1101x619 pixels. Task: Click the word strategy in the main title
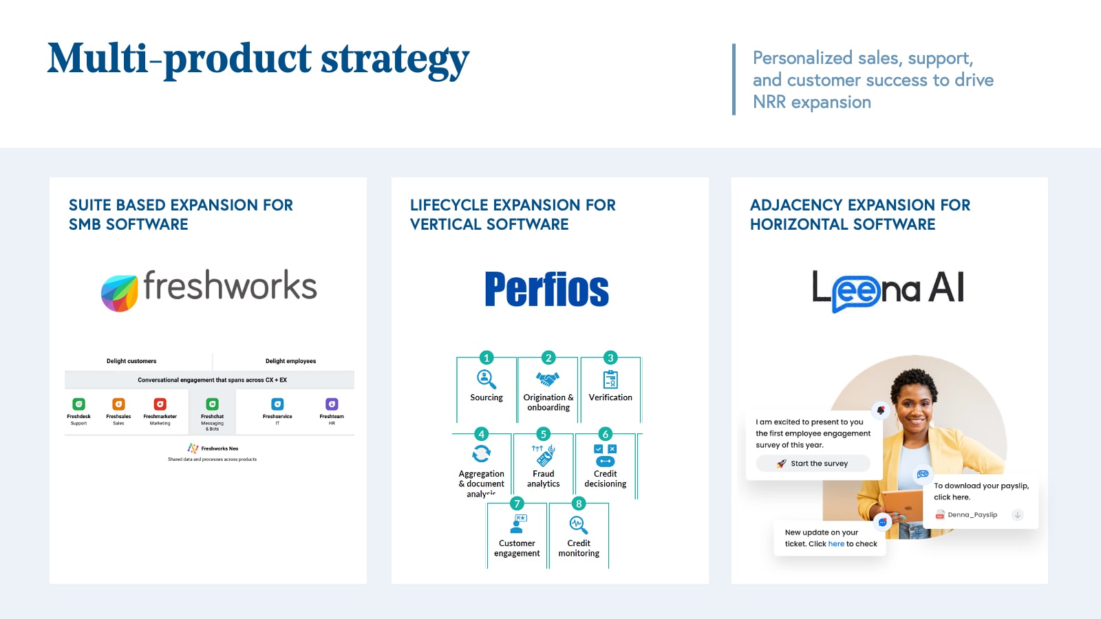click(x=395, y=60)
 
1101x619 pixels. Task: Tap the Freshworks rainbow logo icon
click(x=120, y=293)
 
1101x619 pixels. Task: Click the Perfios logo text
click(x=546, y=290)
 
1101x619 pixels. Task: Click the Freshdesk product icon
click(x=78, y=404)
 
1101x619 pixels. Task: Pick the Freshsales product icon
click(x=118, y=404)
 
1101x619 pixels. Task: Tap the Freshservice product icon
click(x=277, y=404)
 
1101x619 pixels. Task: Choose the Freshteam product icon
click(x=332, y=404)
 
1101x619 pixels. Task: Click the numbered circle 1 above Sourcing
click(x=487, y=358)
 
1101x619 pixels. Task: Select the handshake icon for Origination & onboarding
click(x=548, y=379)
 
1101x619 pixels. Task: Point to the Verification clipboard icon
click(x=610, y=379)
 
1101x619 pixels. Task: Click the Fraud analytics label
click(x=543, y=479)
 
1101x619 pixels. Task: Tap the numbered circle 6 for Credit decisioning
click(x=605, y=434)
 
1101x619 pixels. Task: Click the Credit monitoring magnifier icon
click(x=578, y=525)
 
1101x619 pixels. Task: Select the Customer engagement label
click(x=517, y=548)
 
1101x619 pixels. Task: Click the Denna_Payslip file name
click(x=972, y=514)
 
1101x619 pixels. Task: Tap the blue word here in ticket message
click(x=836, y=544)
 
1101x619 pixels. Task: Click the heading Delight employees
click(x=290, y=361)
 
